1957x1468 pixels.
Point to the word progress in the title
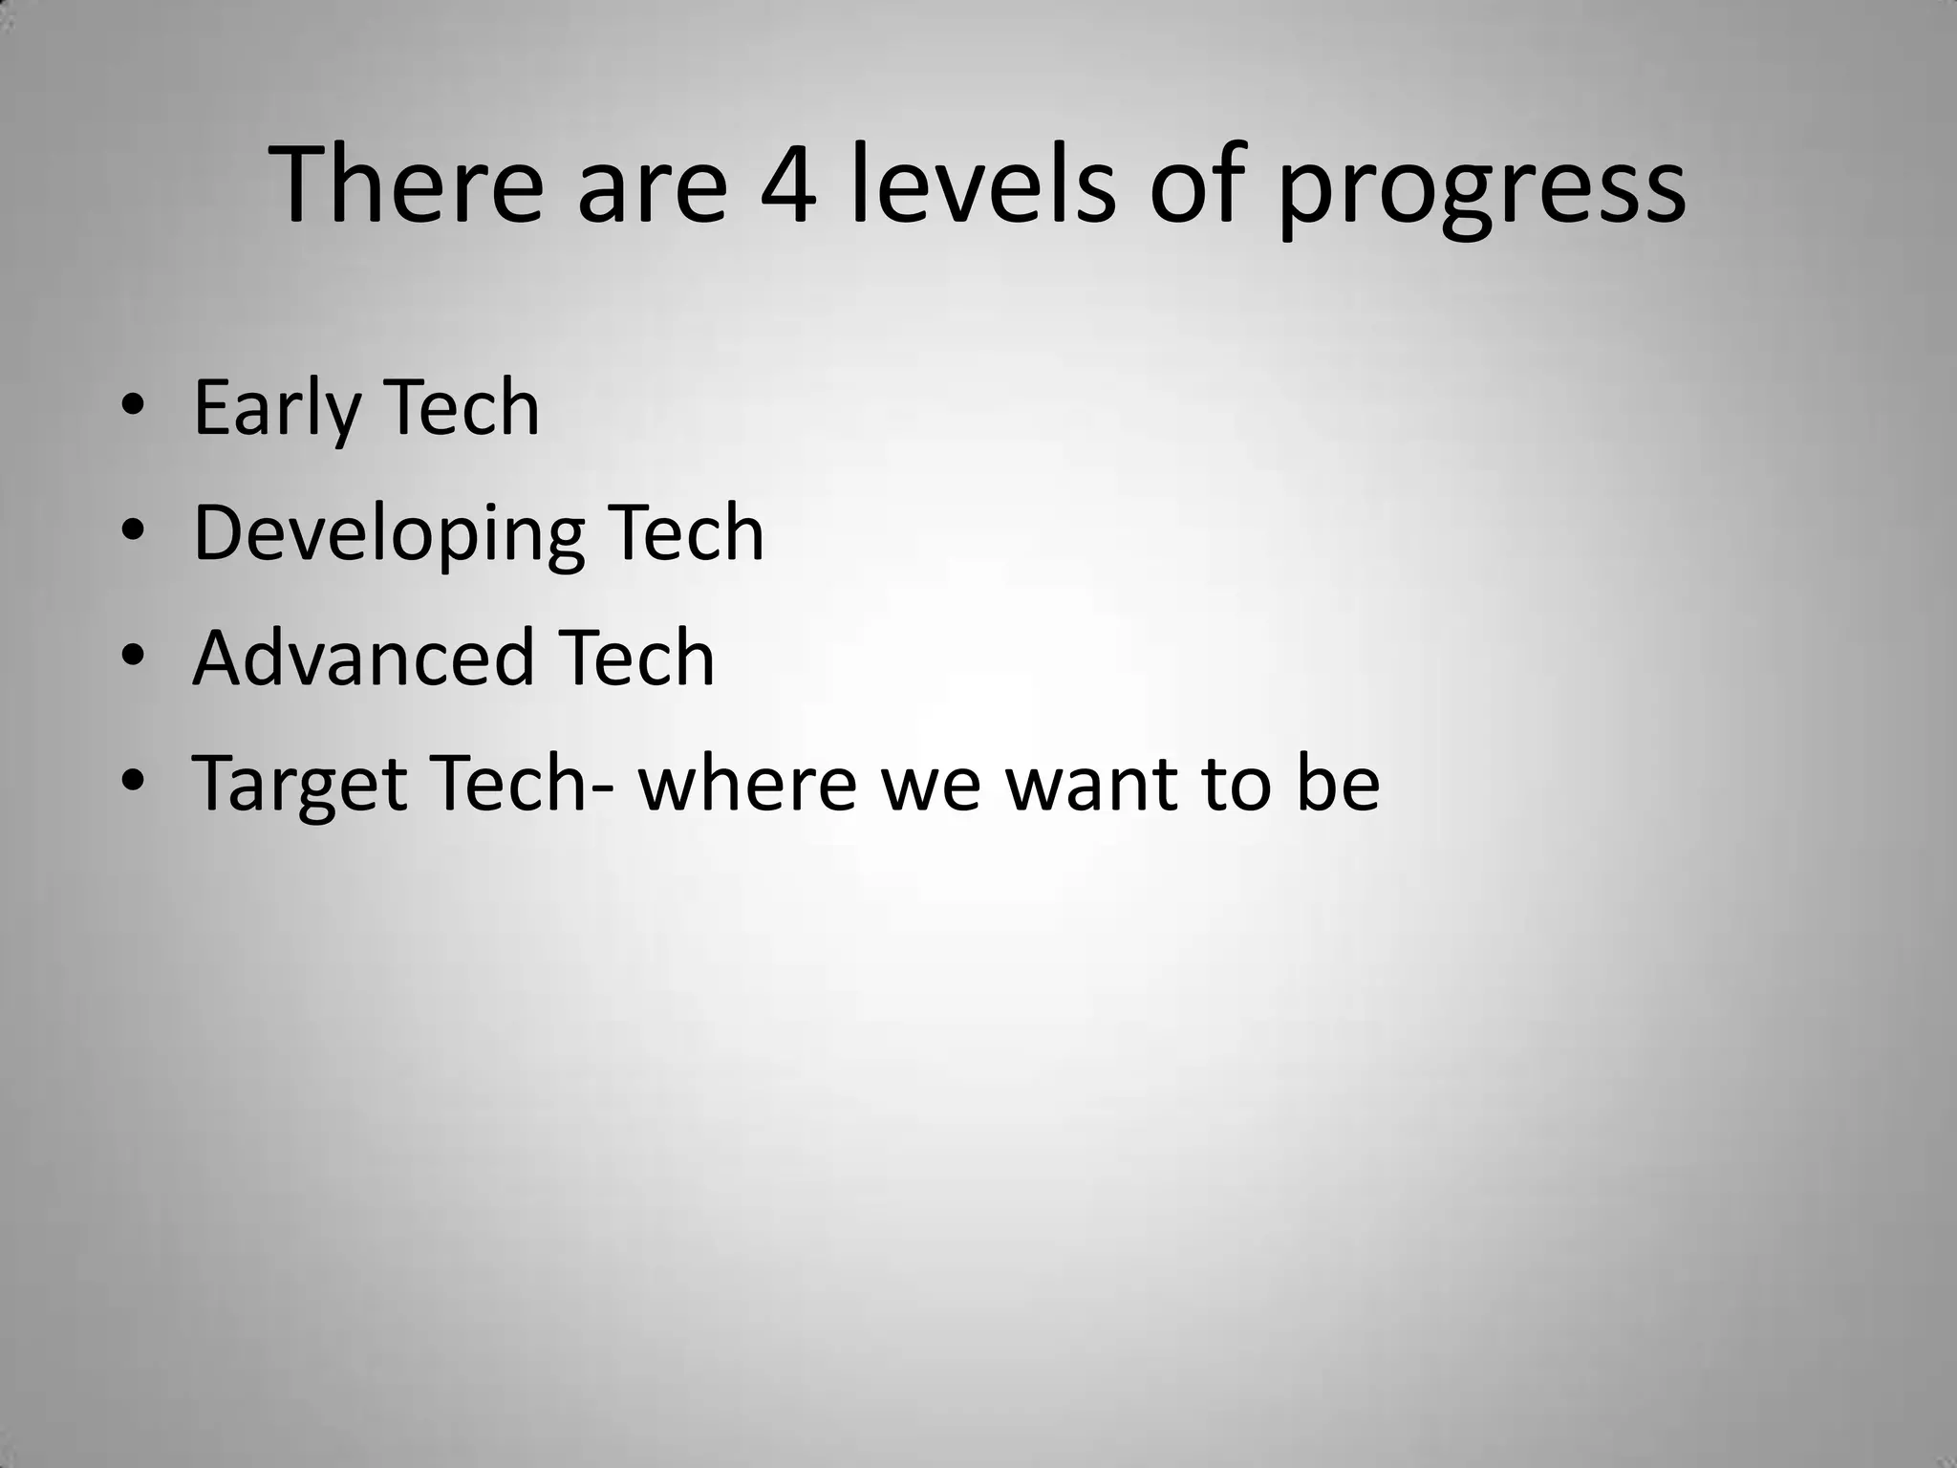coord(1481,191)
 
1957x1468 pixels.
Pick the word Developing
coord(388,535)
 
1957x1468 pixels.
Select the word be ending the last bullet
coord(1338,784)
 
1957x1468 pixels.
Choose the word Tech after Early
coord(462,408)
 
